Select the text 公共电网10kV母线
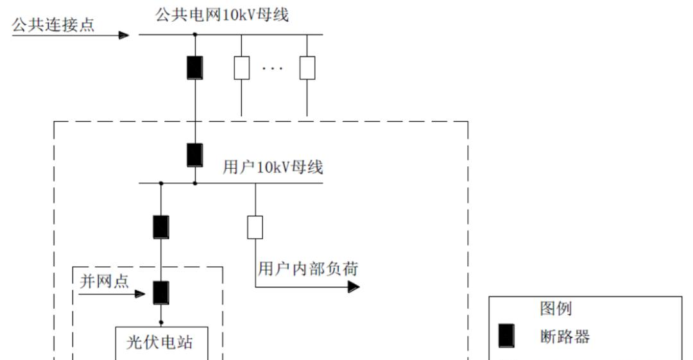(x=222, y=14)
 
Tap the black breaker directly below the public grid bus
(x=195, y=67)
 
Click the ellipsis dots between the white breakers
(x=273, y=69)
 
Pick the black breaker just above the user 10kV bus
(x=195, y=155)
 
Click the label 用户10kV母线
(x=273, y=168)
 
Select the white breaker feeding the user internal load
(x=255, y=227)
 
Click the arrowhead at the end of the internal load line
(x=354, y=287)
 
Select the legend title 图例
(x=555, y=309)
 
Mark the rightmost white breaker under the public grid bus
(x=307, y=67)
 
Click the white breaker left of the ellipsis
(x=241, y=67)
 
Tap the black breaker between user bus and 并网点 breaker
(x=161, y=227)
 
